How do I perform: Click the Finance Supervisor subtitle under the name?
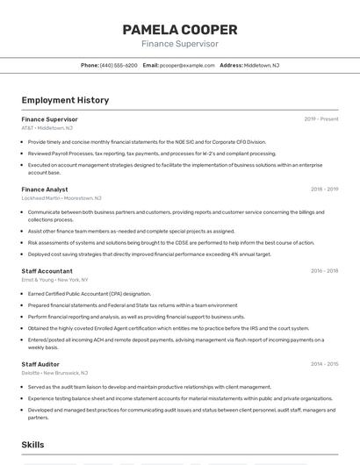[180, 44]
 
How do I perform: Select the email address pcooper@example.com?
[187, 66]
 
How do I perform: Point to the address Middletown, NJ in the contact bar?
[262, 66]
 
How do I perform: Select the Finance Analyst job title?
[45, 189]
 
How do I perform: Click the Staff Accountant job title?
[47, 270]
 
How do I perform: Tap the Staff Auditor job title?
[40, 363]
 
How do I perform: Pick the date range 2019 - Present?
[321, 118]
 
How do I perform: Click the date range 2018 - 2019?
[324, 189]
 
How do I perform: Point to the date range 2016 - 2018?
[324, 270]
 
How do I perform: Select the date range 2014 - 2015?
[324, 363]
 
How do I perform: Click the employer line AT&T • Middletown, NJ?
[47, 127]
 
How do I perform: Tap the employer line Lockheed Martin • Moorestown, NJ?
[61, 197]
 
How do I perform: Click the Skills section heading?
[33, 445]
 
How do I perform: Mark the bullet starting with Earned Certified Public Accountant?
[90, 294]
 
